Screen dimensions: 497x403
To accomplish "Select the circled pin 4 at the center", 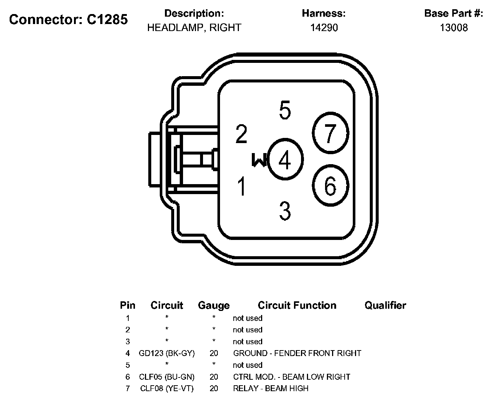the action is tap(285, 160).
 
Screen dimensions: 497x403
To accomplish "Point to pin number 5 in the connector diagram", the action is tap(285, 110).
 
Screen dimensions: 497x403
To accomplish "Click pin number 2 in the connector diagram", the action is tap(241, 134).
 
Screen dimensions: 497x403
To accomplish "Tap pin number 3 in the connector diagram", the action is tap(285, 210).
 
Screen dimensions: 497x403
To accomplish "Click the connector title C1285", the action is tap(68, 19).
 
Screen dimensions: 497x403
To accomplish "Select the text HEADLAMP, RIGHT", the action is tap(194, 28).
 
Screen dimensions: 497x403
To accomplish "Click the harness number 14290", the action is tap(324, 28).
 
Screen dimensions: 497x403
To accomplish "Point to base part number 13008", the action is tap(454, 28).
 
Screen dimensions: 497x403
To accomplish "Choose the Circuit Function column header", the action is tap(297, 305).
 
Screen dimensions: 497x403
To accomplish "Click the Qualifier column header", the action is tap(385, 305).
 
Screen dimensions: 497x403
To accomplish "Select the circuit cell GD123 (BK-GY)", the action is tap(167, 353).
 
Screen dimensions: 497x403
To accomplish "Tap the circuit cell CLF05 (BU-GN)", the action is tap(167, 377).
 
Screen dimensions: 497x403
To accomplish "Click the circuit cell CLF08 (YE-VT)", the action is tap(167, 388).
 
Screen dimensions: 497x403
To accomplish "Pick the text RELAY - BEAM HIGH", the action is tap(270, 388).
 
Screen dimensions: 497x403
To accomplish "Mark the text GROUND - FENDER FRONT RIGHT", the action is tap(297, 353).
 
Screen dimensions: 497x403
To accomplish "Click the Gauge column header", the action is tap(214, 305).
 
